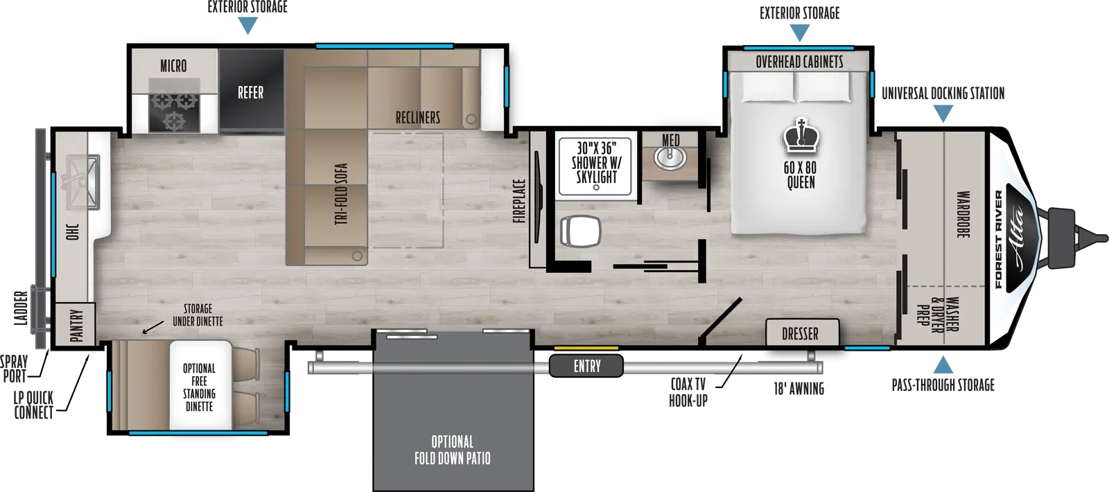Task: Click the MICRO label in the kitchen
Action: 173,66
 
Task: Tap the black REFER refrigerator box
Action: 250,92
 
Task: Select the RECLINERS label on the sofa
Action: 418,117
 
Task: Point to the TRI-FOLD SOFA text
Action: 340,193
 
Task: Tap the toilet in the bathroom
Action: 577,228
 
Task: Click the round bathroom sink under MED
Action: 670,157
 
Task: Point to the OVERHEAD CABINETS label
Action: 799,62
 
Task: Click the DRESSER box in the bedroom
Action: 801,334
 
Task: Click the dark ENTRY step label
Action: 586,366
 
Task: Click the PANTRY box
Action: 76,325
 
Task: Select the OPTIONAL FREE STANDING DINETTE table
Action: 200,386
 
